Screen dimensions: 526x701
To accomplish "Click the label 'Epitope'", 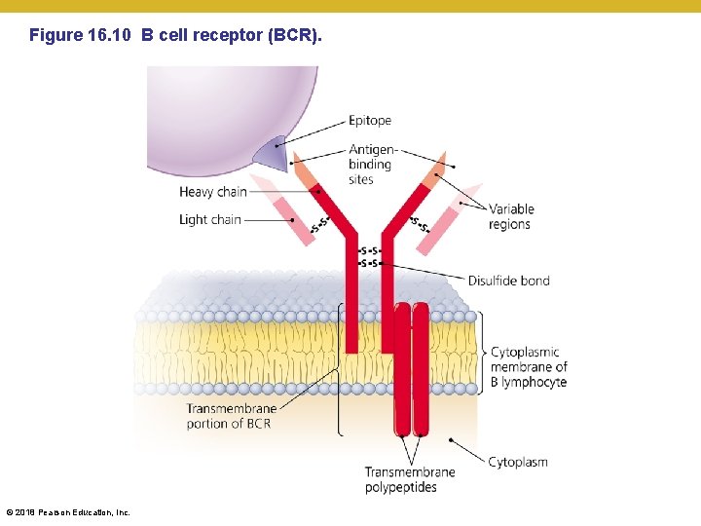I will [370, 121].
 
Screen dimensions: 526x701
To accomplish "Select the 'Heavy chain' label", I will [213, 192].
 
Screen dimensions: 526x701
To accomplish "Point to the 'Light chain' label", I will [209, 219].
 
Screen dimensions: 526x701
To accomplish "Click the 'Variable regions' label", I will [510, 216].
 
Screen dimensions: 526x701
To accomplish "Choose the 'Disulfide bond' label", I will [508, 281].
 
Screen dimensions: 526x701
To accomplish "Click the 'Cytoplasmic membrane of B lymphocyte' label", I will [529, 367].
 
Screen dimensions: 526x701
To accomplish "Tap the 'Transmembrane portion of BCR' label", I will [232, 416].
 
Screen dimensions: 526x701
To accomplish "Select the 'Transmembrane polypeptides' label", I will [409, 479].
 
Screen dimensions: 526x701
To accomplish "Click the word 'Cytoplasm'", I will [517, 462].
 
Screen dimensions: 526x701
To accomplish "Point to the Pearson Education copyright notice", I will [67, 512].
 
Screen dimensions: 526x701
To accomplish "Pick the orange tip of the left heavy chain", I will [304, 171].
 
